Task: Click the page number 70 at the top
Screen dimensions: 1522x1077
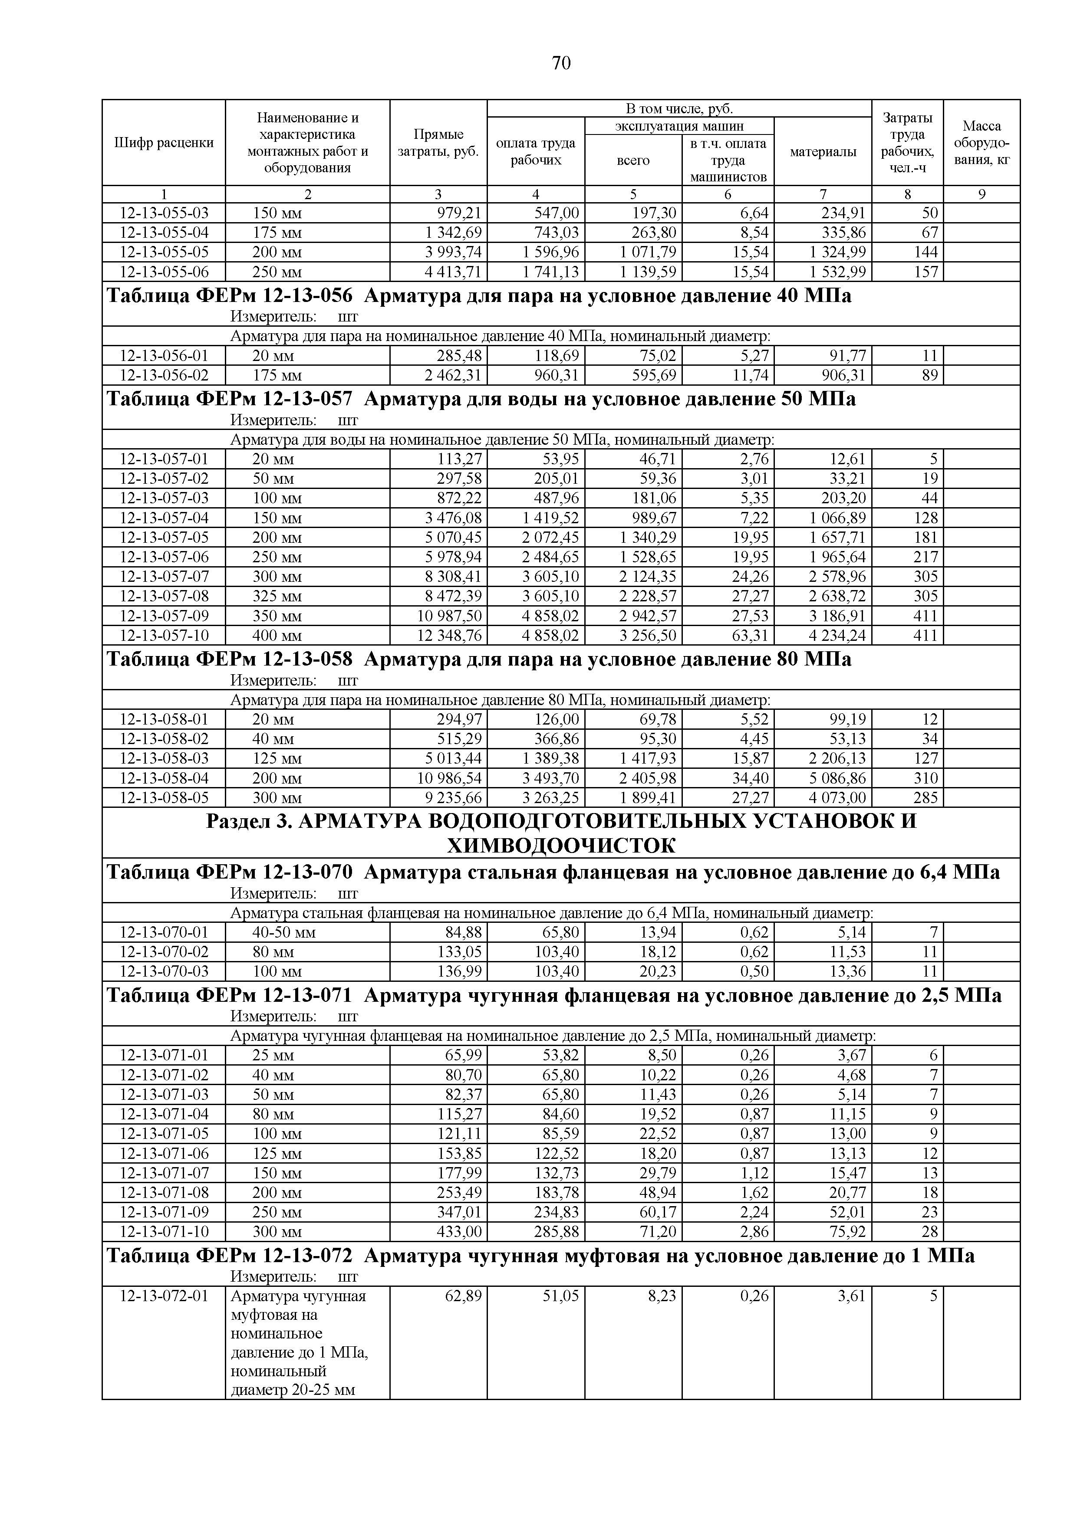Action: pos(560,64)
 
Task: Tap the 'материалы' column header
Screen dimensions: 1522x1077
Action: pos(823,152)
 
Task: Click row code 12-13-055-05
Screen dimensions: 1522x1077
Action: pos(164,252)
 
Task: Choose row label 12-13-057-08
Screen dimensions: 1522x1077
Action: pos(164,596)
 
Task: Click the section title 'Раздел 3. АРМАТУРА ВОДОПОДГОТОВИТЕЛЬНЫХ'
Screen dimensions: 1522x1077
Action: pos(560,821)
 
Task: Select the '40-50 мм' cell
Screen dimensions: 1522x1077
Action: pos(284,933)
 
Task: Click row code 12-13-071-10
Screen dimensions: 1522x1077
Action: pos(164,1232)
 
